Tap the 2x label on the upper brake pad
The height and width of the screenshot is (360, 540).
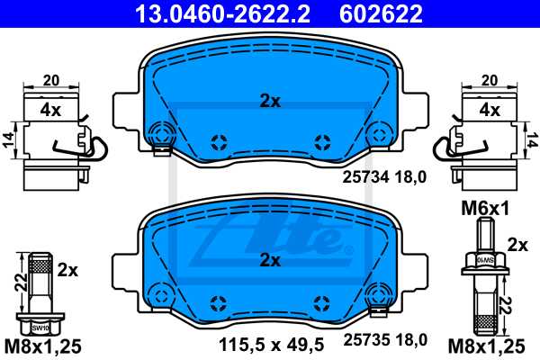(x=269, y=102)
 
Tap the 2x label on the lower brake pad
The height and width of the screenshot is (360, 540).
(x=269, y=260)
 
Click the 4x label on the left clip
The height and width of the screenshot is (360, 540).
(x=49, y=112)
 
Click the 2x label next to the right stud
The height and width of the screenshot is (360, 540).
(x=517, y=245)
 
